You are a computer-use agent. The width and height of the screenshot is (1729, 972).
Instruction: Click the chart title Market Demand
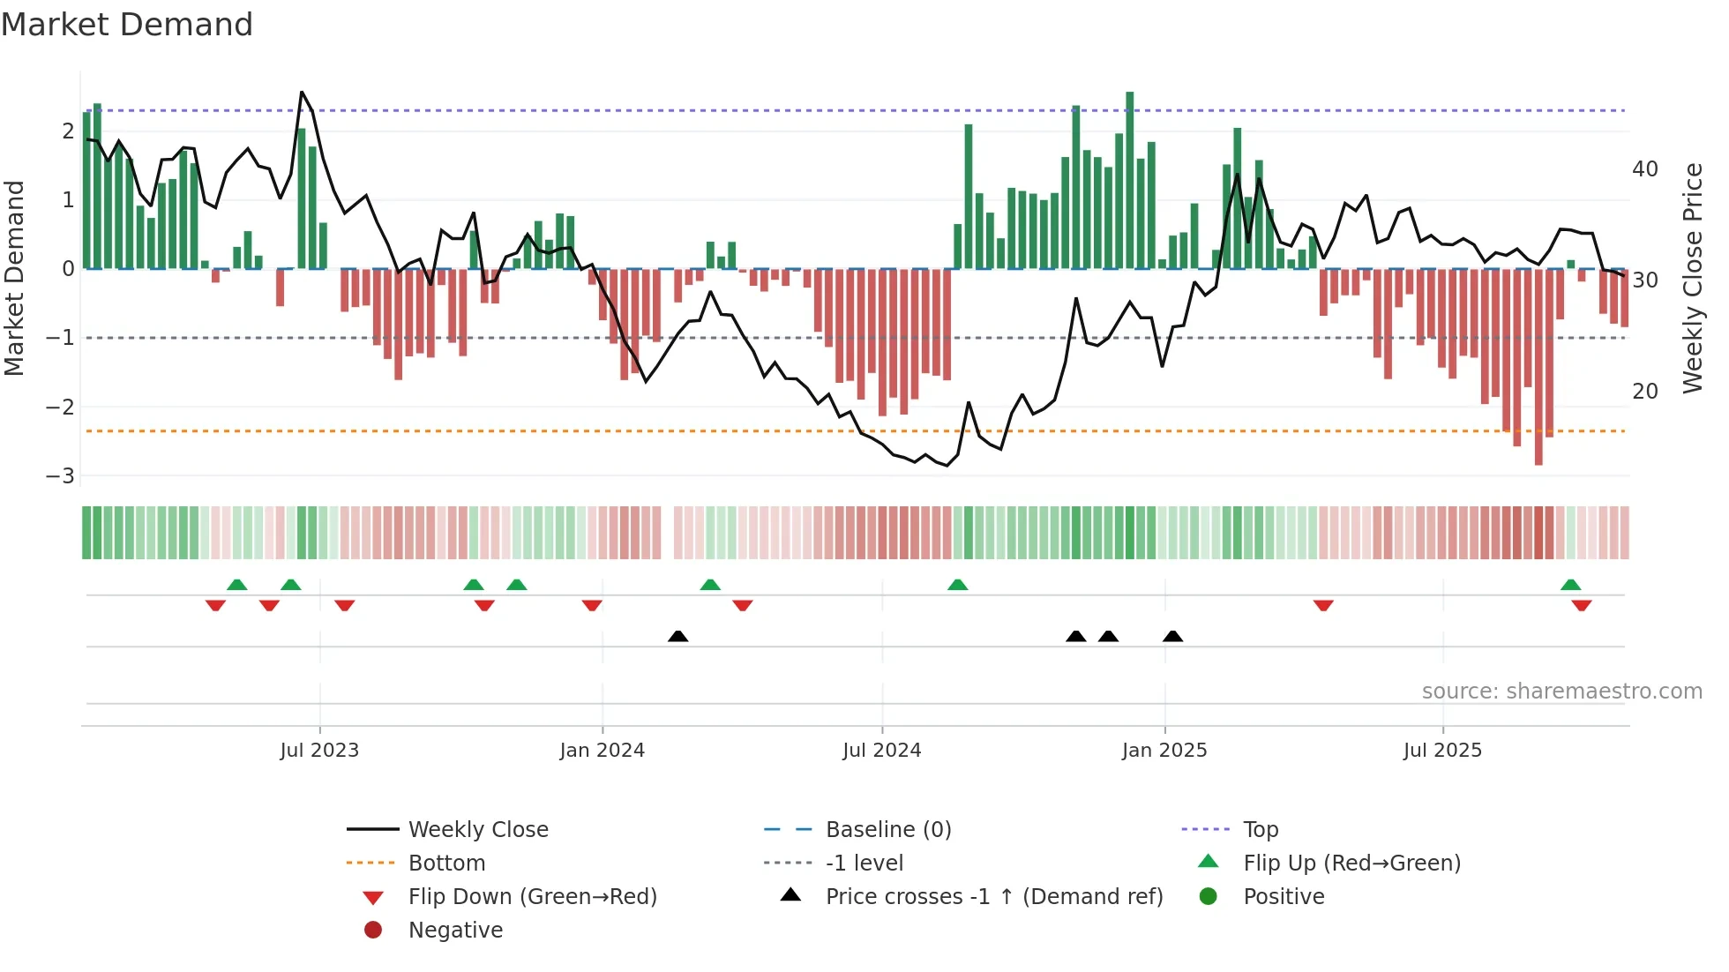click(127, 25)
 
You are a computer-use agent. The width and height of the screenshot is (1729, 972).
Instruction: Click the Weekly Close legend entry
click(477, 830)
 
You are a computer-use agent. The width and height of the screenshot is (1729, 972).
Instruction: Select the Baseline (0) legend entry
click(887, 830)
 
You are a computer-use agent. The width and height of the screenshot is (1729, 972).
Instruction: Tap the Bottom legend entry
click(446, 864)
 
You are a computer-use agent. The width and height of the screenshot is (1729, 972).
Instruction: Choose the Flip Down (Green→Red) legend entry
click(532, 897)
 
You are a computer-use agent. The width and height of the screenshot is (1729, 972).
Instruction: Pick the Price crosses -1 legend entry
click(993, 897)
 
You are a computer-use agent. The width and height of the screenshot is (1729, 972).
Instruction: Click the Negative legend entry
click(455, 931)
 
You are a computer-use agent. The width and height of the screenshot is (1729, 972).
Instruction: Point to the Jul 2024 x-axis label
click(881, 751)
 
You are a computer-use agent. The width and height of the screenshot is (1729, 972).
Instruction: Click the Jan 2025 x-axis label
click(1164, 751)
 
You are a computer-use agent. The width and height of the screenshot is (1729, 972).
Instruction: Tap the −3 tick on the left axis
click(60, 476)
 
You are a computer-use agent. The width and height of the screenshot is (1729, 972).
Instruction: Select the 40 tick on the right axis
click(1644, 169)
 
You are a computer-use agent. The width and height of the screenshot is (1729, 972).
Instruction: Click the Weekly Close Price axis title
click(1692, 278)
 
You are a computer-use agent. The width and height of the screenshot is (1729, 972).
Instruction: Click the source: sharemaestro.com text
click(1561, 692)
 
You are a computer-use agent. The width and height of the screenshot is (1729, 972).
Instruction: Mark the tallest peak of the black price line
click(302, 92)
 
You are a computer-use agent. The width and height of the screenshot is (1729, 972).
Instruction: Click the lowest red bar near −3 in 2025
click(1538, 460)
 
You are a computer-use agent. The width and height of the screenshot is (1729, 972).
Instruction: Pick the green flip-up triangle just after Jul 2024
click(957, 585)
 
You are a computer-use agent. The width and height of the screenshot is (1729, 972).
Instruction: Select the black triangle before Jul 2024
click(677, 636)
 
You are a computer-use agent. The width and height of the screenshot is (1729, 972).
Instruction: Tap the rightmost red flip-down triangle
click(1581, 606)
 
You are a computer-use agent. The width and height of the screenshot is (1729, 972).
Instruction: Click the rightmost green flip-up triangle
click(1570, 585)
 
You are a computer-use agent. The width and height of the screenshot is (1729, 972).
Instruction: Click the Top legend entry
click(1260, 830)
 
